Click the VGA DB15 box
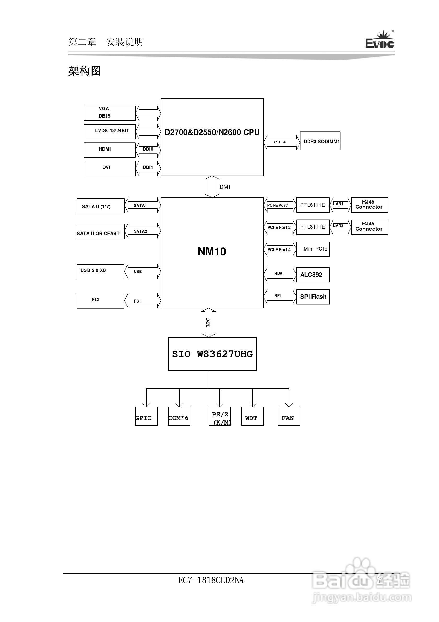109,113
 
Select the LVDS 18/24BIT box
109,132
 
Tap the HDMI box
109,150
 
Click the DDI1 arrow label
148,167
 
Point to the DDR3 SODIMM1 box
320,141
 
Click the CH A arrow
281,142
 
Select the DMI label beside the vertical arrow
225,187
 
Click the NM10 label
212,251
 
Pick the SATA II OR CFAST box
101,232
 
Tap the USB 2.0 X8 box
100,272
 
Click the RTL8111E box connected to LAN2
313,227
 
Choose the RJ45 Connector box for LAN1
369,205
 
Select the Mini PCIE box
313,249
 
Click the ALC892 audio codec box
313,275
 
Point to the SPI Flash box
313,297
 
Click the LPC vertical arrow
208,322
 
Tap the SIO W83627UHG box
212,354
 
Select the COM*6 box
179,416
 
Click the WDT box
252,416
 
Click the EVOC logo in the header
379,40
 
